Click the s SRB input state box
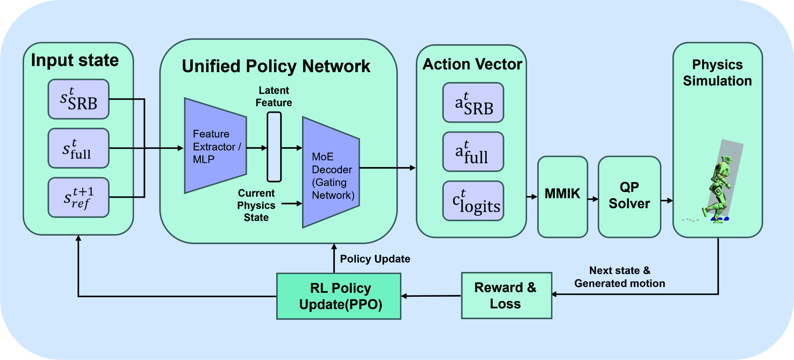[79, 99]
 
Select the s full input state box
[79, 148]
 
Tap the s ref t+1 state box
[79, 197]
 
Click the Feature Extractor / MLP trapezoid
[215, 146]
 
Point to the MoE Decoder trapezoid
[331, 172]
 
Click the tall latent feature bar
[274, 147]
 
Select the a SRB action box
[473, 103]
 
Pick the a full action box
[473, 152]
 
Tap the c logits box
[473, 201]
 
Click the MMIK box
[563, 197]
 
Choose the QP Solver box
[630, 197]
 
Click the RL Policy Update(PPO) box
[339, 296]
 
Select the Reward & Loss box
[506, 296]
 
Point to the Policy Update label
[375, 259]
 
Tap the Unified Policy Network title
[276, 66]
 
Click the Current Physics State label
[256, 205]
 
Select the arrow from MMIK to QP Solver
[593, 199]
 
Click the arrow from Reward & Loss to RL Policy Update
[431, 296]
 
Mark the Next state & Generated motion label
[620, 277]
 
